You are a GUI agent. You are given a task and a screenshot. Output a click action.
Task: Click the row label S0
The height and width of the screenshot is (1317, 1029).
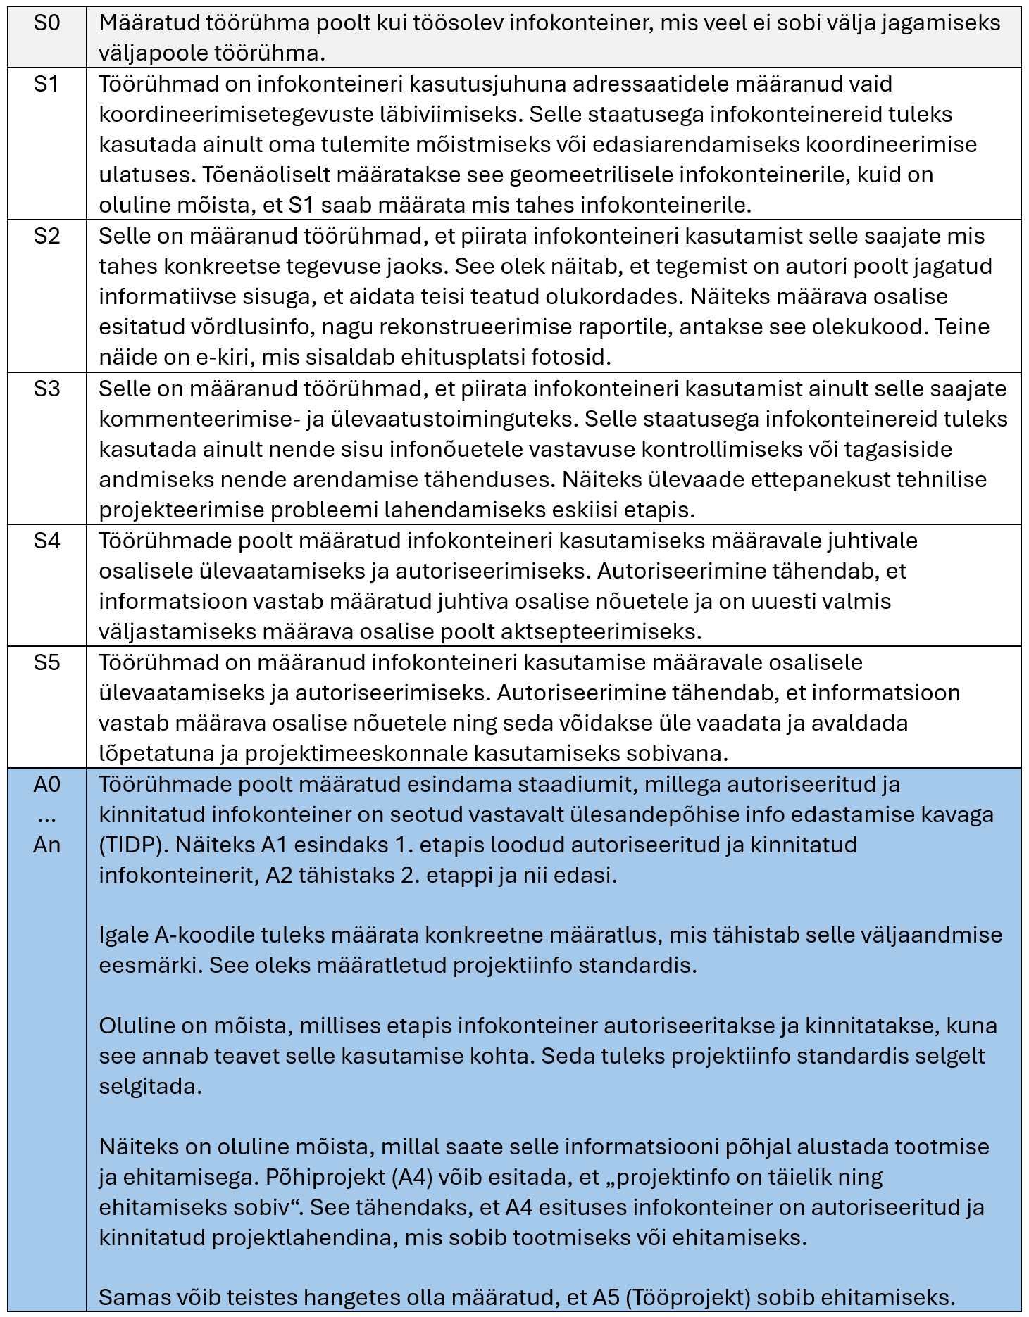(x=46, y=23)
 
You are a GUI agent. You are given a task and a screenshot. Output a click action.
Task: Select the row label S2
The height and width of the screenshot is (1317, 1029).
(x=46, y=236)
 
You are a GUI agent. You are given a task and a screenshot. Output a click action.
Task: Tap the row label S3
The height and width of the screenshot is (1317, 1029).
(x=46, y=389)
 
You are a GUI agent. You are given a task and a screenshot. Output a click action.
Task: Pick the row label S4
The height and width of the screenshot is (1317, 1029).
(x=46, y=541)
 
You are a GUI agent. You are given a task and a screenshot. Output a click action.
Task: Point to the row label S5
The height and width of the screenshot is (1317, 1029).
(x=46, y=662)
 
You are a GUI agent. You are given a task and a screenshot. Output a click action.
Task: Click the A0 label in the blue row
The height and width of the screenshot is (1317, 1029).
(x=46, y=784)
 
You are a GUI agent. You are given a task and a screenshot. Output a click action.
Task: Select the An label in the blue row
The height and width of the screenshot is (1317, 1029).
(x=46, y=845)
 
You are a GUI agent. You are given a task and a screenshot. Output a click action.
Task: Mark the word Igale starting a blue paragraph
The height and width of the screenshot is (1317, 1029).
(x=124, y=935)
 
